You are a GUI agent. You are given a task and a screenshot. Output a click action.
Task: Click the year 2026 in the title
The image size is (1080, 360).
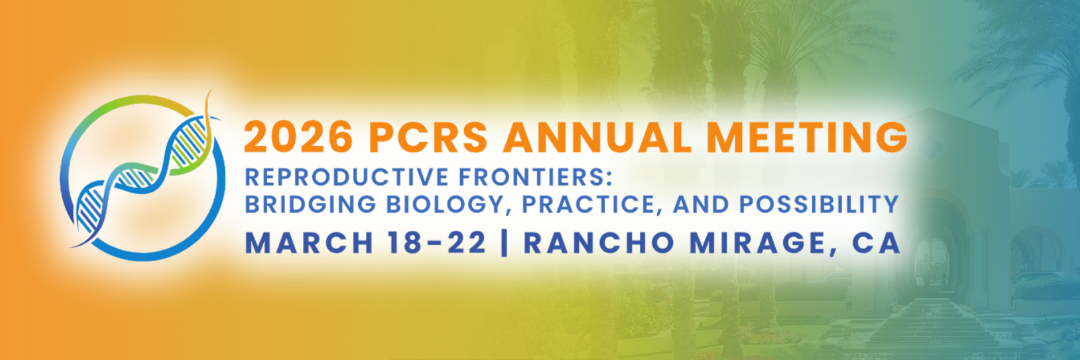[298, 137]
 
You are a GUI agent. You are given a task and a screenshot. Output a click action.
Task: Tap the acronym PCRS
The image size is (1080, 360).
[429, 137]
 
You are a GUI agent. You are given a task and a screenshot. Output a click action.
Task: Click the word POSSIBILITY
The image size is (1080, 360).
[819, 204]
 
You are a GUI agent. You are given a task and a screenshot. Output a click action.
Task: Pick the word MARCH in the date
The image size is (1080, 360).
[309, 243]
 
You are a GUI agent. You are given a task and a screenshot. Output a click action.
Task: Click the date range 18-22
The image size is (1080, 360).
[437, 243]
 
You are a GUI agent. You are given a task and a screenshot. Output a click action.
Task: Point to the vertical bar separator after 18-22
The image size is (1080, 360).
[505, 243]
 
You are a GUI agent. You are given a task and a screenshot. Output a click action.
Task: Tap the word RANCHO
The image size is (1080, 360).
[599, 243]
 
